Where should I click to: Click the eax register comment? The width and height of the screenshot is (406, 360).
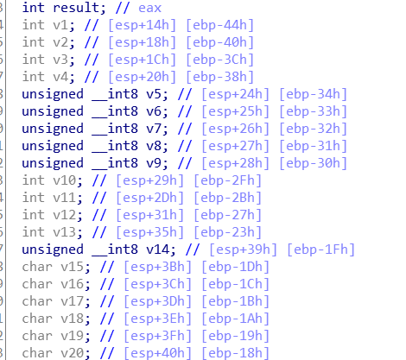(x=149, y=8)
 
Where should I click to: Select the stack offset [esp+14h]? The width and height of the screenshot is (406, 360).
(x=142, y=25)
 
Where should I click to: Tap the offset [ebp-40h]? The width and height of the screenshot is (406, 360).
(x=219, y=42)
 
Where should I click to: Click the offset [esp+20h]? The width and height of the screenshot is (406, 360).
(x=142, y=77)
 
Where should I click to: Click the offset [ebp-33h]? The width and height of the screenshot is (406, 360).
(x=313, y=111)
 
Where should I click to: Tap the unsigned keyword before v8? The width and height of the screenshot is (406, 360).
(x=53, y=146)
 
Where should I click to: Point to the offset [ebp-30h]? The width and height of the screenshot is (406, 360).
(x=313, y=163)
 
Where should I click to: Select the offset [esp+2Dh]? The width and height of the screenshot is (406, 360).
(x=149, y=198)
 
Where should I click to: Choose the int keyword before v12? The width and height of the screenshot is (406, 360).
(x=34, y=215)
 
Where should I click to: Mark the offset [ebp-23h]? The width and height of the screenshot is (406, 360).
(x=227, y=232)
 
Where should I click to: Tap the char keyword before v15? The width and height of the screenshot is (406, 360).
(x=37, y=267)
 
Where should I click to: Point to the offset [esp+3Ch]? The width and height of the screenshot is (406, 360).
(x=157, y=284)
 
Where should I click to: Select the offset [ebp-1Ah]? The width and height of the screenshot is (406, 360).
(x=235, y=319)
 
